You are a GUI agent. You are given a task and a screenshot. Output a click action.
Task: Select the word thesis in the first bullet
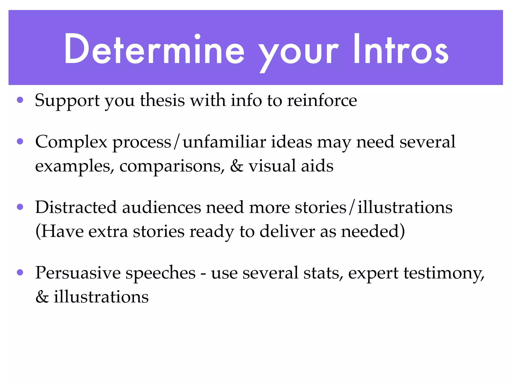tap(162, 100)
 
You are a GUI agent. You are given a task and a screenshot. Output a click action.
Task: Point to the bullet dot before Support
tap(20, 100)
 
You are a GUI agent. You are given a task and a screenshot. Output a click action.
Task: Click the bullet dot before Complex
tap(20, 142)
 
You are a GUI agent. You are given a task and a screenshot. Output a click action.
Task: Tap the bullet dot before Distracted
tap(20, 207)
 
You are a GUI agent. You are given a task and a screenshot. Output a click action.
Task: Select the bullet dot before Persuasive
tap(20, 272)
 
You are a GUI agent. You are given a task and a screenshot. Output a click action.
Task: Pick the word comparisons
tap(172, 166)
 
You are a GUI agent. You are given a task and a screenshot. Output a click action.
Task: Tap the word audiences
tap(161, 207)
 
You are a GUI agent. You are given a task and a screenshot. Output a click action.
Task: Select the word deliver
tap(287, 231)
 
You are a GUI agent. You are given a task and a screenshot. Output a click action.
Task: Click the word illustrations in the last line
tap(101, 297)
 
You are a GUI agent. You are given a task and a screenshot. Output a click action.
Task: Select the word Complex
tap(71, 142)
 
